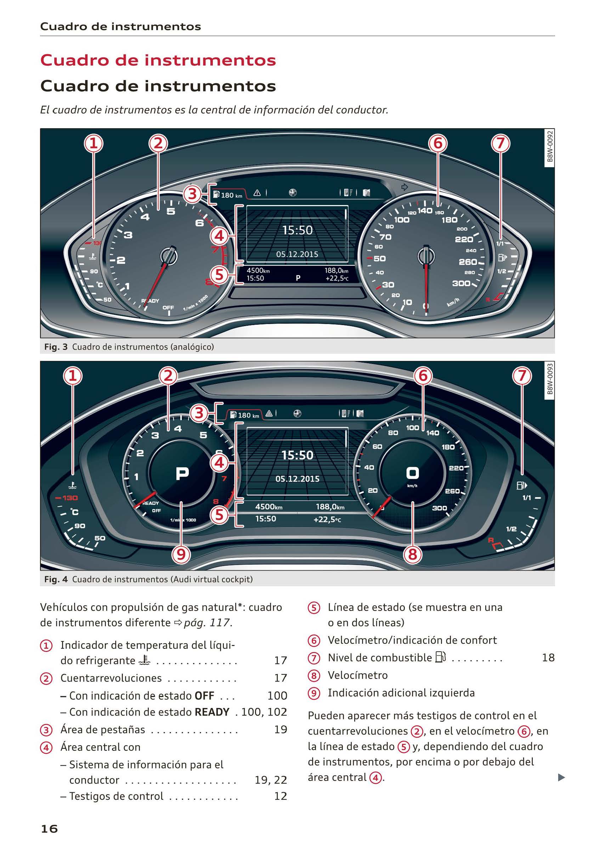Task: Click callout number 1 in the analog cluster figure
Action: (x=93, y=143)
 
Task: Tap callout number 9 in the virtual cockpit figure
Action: (x=181, y=554)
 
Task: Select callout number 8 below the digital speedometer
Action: (x=412, y=554)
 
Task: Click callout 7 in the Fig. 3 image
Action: (x=500, y=143)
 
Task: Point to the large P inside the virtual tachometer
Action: (x=182, y=473)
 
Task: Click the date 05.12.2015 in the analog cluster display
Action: (x=297, y=254)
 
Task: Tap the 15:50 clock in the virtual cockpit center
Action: (x=297, y=455)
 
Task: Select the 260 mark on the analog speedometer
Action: (x=468, y=262)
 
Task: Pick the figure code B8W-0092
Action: (x=550, y=146)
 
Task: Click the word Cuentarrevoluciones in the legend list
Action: (x=111, y=678)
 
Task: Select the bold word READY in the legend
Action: (x=212, y=712)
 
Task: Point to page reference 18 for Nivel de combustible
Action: (x=548, y=657)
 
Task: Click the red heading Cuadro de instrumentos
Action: (x=158, y=61)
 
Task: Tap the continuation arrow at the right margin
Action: (x=561, y=777)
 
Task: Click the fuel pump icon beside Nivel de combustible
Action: (x=440, y=657)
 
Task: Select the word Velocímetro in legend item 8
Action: (x=357, y=675)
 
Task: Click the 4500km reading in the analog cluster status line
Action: (x=258, y=271)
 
